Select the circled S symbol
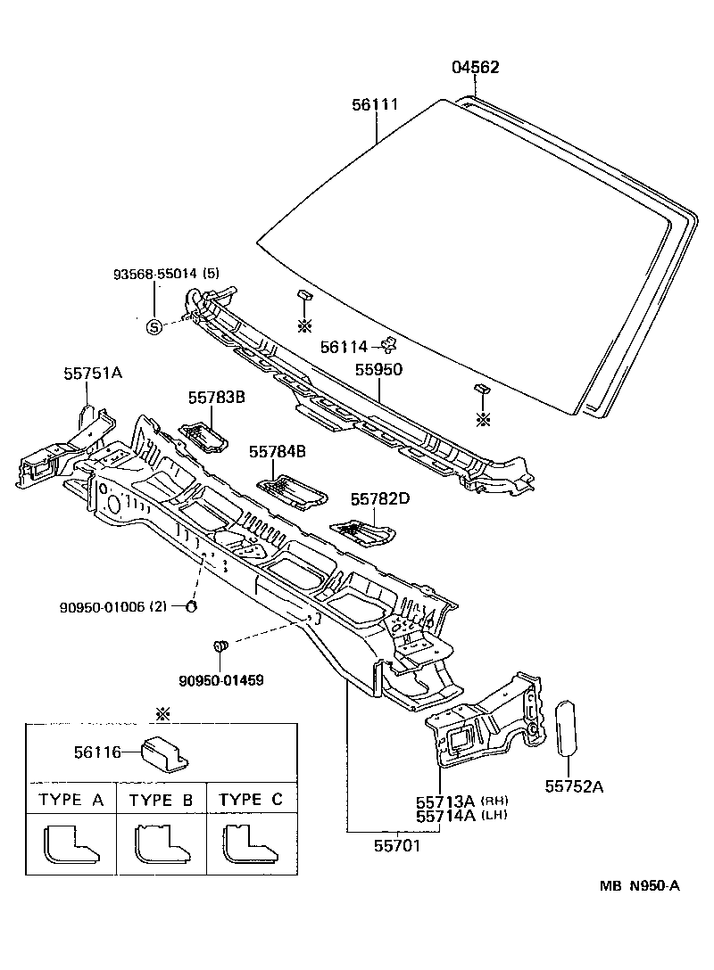coord(154,326)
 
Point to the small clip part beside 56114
coord(388,344)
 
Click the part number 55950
coord(379,368)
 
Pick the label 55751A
coord(92,374)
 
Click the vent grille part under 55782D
coord(364,534)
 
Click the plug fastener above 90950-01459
coord(223,645)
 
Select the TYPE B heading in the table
coord(162,800)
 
